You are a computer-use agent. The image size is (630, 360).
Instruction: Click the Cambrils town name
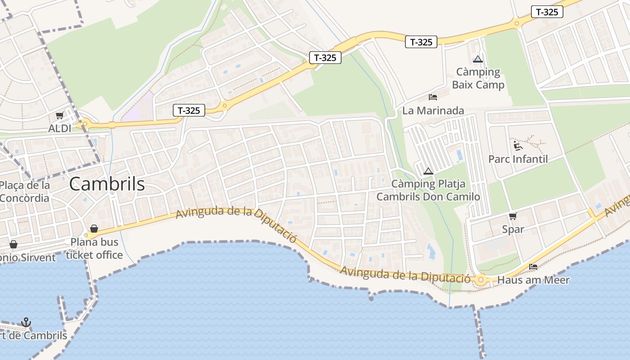pos(107,184)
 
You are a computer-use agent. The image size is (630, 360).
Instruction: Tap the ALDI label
pos(60,129)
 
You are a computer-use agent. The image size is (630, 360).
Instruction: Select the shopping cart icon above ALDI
pos(59,116)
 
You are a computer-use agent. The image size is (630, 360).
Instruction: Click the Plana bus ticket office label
pos(94,248)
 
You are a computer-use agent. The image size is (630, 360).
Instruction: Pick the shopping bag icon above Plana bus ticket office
pos(94,229)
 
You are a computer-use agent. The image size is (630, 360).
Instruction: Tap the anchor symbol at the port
pos(26,322)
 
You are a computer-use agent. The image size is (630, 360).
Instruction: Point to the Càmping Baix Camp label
pos(478,78)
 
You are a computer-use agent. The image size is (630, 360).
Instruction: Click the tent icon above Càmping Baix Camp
pos(478,59)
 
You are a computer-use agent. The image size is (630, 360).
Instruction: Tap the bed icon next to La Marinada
pos(433,97)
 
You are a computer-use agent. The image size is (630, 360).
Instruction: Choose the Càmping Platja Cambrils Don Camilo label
pos(428,190)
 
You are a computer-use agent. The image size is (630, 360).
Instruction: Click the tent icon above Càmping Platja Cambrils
pos(428,171)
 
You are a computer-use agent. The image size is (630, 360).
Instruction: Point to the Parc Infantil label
pos(518,159)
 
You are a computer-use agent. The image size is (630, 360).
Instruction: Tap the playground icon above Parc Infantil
pos(518,145)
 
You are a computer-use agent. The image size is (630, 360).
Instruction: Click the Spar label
pos(513,229)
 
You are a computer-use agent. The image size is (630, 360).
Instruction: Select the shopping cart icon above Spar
pos(513,216)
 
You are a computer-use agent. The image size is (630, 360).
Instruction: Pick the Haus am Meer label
pos(533,280)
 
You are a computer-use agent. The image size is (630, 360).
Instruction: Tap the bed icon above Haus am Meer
pos(533,267)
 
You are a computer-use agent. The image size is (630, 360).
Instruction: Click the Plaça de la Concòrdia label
pos(25,192)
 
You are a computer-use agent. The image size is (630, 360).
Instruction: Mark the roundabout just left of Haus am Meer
pos(481,280)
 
